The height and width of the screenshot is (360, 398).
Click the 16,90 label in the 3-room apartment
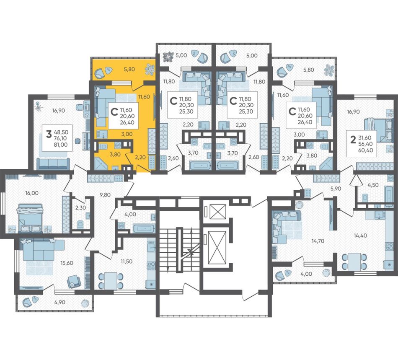59,111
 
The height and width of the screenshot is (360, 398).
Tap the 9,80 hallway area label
105,195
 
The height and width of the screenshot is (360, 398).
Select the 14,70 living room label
318,241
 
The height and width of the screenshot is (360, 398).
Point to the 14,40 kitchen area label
360,236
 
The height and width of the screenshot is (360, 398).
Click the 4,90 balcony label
59,302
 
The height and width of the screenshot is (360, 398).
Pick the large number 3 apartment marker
49,135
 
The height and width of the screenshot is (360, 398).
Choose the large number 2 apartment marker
353,140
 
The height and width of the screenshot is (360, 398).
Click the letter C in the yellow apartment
114,112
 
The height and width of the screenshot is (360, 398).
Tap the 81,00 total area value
61,145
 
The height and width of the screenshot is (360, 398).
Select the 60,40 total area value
365,150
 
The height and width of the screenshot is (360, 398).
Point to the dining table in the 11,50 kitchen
111,280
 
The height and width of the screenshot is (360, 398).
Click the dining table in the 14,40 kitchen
354,262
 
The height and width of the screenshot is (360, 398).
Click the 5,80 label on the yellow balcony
129,69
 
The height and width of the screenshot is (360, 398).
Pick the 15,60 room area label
67,263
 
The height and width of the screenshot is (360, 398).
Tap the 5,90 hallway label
335,189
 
